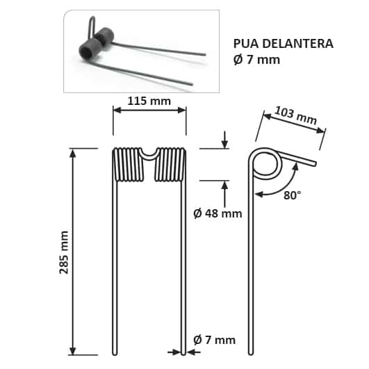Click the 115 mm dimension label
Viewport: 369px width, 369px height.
click(150, 101)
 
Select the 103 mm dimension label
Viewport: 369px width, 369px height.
click(296, 115)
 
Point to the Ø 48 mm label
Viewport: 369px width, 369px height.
click(218, 213)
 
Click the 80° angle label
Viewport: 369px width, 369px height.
click(293, 195)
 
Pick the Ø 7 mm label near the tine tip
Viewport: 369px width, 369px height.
click(215, 340)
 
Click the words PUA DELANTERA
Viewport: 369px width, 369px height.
click(283, 44)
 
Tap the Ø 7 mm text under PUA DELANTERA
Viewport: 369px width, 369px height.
click(256, 60)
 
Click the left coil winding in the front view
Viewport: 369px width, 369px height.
click(127, 165)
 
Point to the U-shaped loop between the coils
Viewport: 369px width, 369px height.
click(149, 154)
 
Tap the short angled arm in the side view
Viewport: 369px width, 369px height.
click(297, 159)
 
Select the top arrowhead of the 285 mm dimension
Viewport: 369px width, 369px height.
click(72, 151)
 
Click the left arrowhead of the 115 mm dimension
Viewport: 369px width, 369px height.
click(116, 110)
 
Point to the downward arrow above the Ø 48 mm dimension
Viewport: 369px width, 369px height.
click(224, 143)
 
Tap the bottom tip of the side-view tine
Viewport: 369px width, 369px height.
click(253, 352)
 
